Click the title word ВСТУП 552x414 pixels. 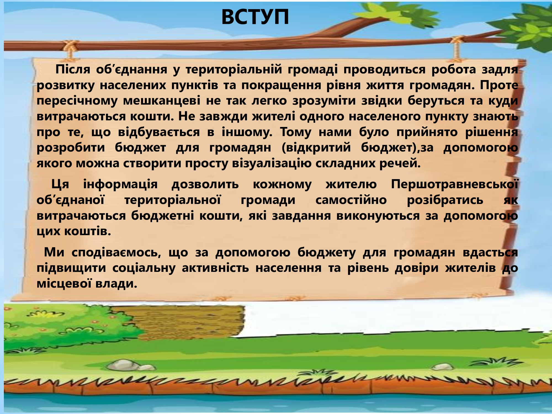(255, 17)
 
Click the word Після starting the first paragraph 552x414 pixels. (73, 69)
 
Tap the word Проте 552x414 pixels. (499, 85)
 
